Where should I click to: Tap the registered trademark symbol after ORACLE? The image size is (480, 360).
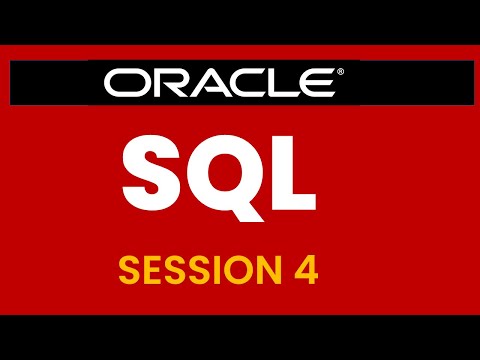(342, 73)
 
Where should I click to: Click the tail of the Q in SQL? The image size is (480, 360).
(252, 195)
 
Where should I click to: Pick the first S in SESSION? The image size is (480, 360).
(128, 270)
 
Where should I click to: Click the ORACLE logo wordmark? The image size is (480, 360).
(226, 83)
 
